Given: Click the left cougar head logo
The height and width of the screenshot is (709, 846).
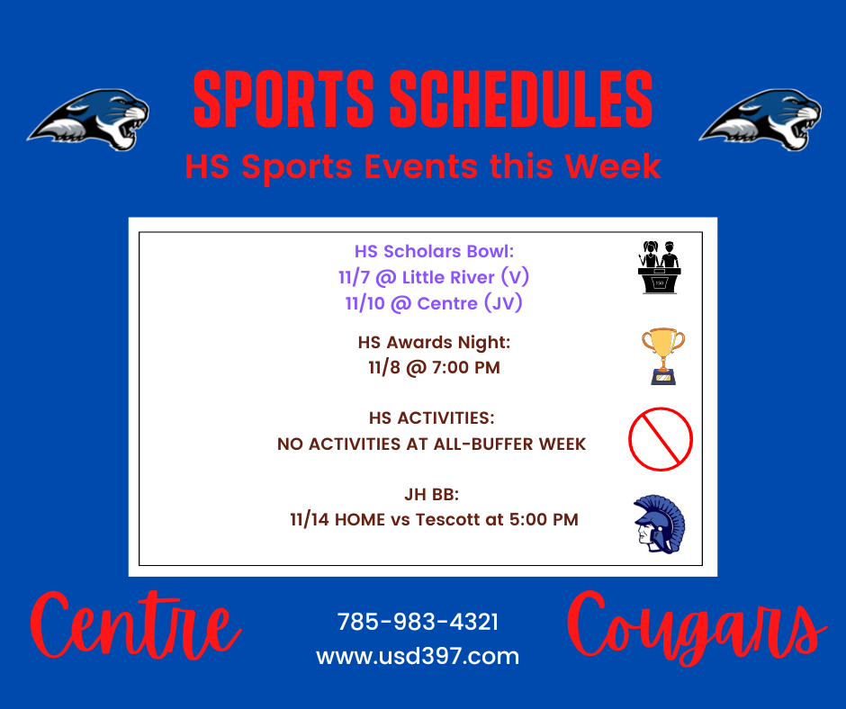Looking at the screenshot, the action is (x=89, y=120).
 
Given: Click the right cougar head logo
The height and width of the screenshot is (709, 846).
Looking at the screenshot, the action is (x=760, y=120).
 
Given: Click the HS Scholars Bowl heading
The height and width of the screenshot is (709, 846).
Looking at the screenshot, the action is (x=434, y=251).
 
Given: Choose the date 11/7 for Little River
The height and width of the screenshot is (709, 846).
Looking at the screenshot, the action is (x=354, y=277).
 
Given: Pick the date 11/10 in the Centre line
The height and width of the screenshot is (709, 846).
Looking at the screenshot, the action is (x=364, y=303).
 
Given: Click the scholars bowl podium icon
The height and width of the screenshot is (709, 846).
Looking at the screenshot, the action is (x=659, y=266).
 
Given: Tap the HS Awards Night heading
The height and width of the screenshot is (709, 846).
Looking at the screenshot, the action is (x=434, y=343).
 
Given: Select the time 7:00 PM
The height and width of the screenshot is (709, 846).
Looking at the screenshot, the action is (x=465, y=367).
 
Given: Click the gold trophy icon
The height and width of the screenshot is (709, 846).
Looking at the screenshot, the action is (x=663, y=356).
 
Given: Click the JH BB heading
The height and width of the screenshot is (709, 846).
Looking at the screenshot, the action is (x=432, y=494).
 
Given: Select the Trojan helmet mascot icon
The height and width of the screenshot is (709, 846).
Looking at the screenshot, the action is (x=659, y=524).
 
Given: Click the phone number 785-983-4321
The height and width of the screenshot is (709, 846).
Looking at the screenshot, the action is (x=418, y=622).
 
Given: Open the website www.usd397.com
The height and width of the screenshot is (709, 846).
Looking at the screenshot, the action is (x=418, y=656).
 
